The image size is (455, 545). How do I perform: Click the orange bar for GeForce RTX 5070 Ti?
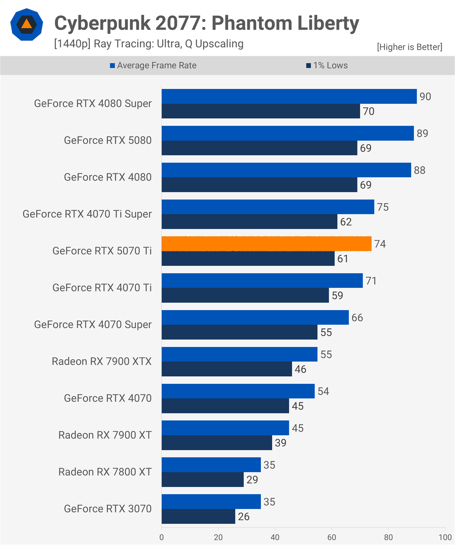(x=266, y=244)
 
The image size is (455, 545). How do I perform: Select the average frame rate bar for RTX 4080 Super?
(x=289, y=96)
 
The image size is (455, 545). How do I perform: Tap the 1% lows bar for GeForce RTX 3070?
(x=198, y=517)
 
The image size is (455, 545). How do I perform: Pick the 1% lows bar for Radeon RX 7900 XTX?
(x=227, y=369)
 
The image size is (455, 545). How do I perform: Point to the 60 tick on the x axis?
(x=331, y=537)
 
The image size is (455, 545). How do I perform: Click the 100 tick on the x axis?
(x=445, y=537)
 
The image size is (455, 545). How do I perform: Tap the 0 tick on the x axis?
(x=162, y=537)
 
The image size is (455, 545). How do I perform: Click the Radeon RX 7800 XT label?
(x=105, y=472)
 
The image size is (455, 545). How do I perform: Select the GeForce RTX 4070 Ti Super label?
(x=87, y=214)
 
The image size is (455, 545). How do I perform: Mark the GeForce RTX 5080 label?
(x=108, y=140)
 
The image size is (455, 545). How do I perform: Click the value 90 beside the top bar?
(x=425, y=97)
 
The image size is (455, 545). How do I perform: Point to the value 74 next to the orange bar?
(x=380, y=244)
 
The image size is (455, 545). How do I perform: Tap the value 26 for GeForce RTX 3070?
(x=244, y=517)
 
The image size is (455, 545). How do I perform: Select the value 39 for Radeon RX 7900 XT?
(x=280, y=443)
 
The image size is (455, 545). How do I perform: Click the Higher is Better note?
(x=409, y=47)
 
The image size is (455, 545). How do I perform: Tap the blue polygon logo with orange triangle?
(x=26, y=25)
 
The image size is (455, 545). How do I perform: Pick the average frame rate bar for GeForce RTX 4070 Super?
(x=255, y=318)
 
